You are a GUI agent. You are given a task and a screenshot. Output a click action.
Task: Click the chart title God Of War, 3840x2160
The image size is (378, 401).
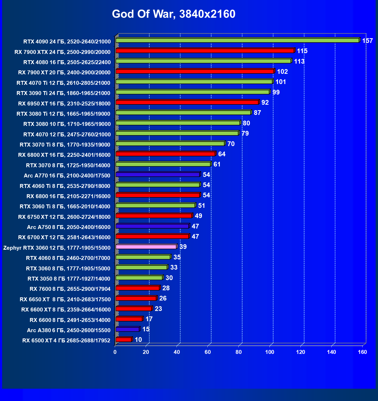click(174, 14)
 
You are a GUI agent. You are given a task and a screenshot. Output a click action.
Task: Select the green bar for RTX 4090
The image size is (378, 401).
click(237, 40)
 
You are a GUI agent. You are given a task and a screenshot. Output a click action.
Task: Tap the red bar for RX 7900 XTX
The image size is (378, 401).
click(205, 51)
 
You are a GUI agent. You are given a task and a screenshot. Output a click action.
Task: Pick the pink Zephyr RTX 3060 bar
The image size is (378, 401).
click(146, 247)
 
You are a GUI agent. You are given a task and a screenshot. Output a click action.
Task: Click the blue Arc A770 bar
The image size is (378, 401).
click(158, 175)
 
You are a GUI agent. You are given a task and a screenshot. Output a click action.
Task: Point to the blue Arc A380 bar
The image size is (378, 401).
click(127, 329)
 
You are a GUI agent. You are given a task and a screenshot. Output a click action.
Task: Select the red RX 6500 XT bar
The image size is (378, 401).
click(123, 339)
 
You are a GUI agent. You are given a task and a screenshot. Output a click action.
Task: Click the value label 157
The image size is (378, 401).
click(367, 41)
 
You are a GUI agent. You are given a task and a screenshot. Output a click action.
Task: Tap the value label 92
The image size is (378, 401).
click(265, 103)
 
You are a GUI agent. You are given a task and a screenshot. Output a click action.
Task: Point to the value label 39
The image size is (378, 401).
click(183, 247)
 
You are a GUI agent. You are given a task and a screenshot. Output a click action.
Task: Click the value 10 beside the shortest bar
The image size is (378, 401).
click(138, 340)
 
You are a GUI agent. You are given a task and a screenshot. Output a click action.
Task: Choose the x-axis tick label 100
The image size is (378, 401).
click(270, 352)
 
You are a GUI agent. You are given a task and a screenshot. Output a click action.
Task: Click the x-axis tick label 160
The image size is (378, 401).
click(362, 352)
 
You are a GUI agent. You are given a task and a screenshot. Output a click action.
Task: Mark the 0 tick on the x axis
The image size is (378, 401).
click(115, 352)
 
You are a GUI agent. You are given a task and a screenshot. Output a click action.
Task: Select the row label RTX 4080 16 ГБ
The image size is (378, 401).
click(67, 62)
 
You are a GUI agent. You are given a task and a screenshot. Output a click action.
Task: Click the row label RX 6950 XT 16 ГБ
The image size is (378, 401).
click(64, 104)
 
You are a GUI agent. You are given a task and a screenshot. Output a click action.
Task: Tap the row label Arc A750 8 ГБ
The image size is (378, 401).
click(69, 227)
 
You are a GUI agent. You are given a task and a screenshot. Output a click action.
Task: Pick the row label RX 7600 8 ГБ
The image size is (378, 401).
click(70, 289)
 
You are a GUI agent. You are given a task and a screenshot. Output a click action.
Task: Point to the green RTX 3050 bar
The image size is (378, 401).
click(139, 278)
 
